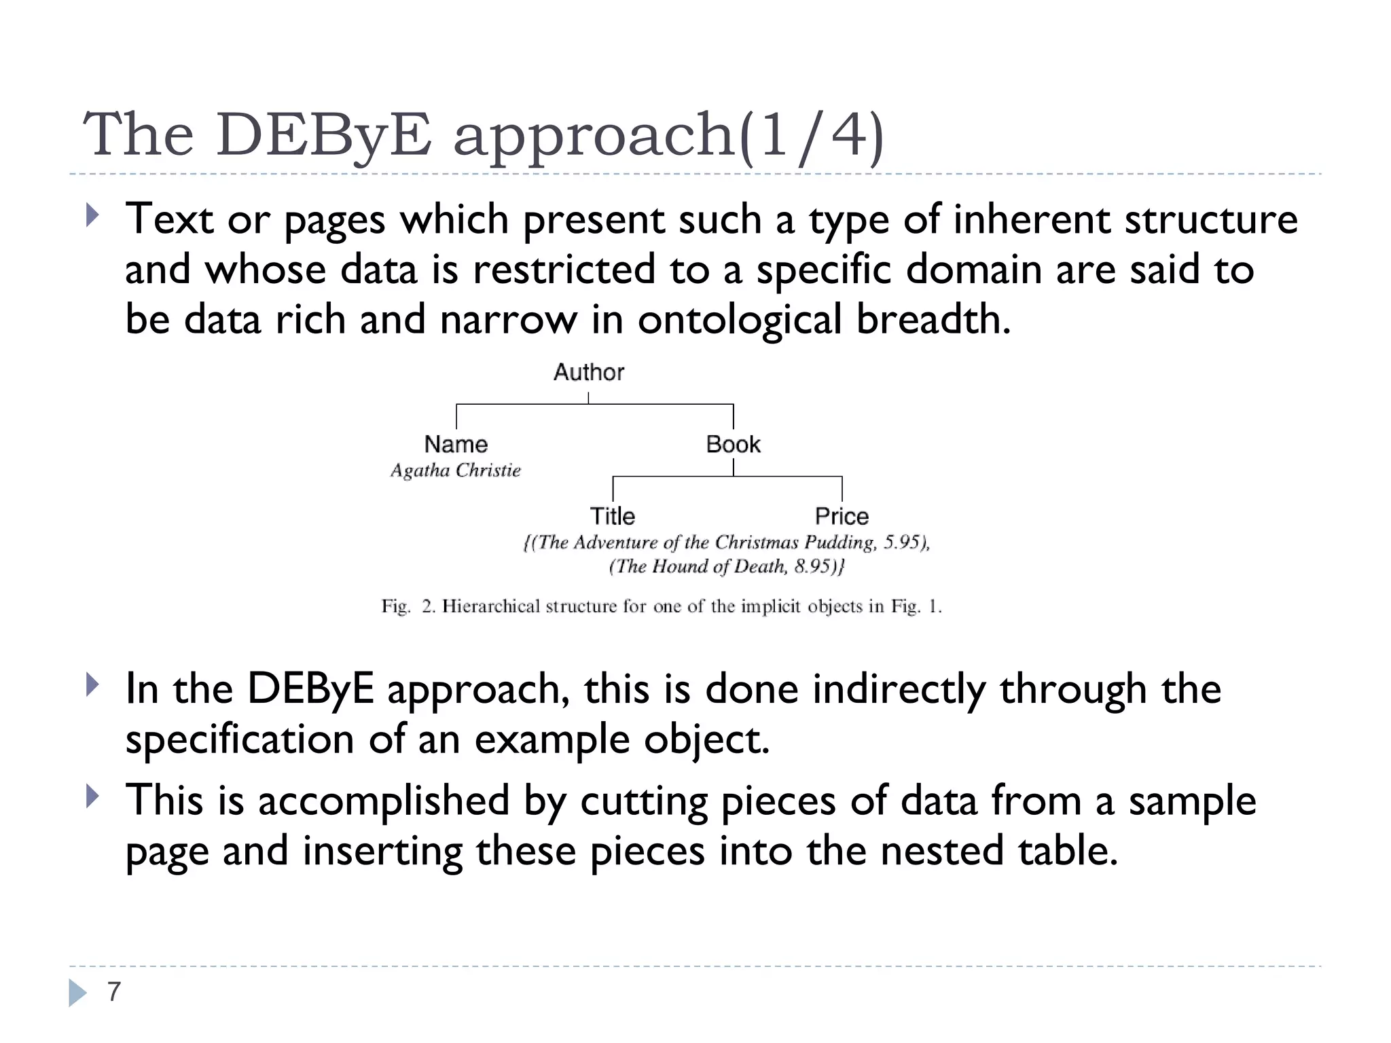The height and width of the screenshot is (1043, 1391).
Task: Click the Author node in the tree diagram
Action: [588, 372]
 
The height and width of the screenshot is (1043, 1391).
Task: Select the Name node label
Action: [456, 444]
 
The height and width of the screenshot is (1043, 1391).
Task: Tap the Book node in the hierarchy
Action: [733, 444]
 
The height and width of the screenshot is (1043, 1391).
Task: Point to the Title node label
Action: [612, 516]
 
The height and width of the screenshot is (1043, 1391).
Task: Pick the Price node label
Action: [842, 516]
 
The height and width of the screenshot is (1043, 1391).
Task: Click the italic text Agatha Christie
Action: [455, 470]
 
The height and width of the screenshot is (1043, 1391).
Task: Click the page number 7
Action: [113, 992]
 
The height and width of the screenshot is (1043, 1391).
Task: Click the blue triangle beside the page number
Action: [77, 993]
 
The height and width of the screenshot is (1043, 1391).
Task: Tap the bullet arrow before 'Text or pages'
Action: [93, 216]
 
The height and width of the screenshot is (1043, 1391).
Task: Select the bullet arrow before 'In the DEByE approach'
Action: [93, 685]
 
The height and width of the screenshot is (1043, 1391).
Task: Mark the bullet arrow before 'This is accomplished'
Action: [93, 797]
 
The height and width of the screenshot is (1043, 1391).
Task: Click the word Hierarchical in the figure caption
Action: [490, 606]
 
